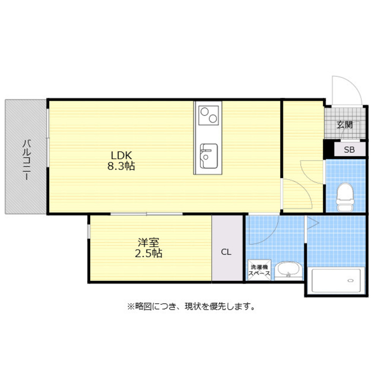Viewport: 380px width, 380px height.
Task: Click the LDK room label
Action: tap(121, 155)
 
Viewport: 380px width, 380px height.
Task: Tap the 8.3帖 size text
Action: tap(121, 166)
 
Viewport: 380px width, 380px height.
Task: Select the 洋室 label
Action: tap(148, 242)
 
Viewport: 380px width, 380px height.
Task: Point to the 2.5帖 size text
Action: tap(149, 253)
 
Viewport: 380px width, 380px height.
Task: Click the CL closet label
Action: tap(226, 252)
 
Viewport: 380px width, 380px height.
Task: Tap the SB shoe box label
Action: tap(349, 150)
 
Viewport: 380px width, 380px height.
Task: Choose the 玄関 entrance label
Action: tap(345, 124)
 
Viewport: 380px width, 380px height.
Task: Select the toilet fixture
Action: tap(345, 196)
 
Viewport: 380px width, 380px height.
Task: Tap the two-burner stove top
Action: tap(209, 115)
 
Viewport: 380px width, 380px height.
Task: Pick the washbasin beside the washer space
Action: tap(288, 271)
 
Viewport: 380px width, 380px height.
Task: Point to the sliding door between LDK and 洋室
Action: tap(147, 214)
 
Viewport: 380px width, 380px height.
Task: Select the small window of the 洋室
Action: tap(89, 231)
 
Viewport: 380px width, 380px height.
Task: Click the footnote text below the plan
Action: tap(191, 306)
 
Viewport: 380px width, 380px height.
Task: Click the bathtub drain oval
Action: tap(351, 280)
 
